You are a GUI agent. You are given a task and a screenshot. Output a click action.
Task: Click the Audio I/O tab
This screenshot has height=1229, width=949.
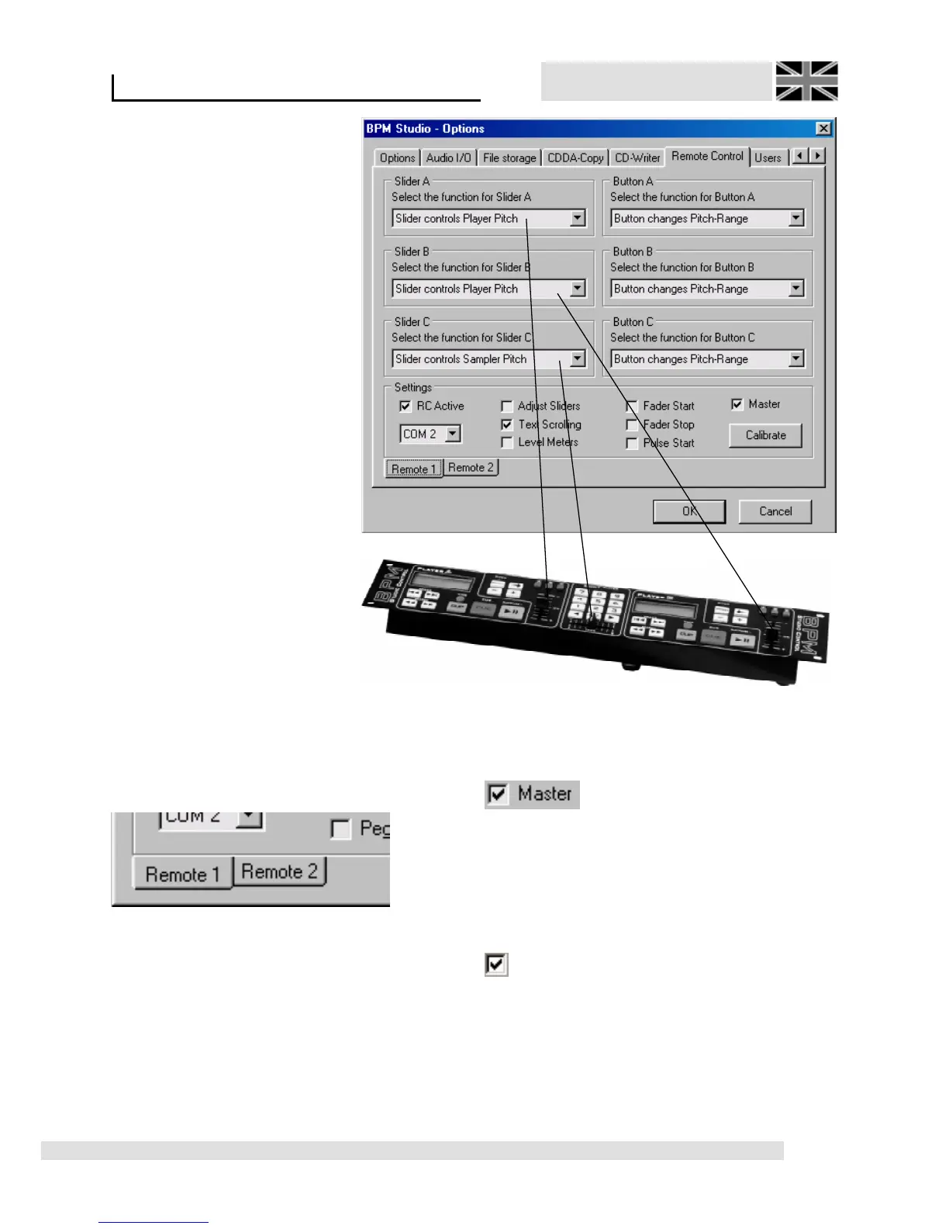click(448, 158)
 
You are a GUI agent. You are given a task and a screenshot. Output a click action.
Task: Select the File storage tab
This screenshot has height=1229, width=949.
click(509, 158)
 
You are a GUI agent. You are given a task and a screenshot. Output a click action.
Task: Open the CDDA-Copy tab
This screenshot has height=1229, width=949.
click(575, 158)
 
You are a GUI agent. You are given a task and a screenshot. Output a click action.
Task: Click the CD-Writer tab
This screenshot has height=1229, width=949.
click(637, 158)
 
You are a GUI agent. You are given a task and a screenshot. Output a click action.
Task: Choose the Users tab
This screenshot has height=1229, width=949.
click(768, 158)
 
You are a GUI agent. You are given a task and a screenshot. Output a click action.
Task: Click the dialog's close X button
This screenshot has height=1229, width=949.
click(823, 129)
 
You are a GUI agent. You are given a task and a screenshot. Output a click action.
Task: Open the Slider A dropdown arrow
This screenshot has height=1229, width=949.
click(578, 218)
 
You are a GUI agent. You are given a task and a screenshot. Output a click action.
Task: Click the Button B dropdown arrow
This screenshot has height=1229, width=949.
click(796, 289)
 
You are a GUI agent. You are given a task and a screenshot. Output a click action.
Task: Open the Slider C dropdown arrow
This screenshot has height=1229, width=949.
click(578, 358)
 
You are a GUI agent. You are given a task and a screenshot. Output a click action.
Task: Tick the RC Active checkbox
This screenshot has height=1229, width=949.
click(405, 406)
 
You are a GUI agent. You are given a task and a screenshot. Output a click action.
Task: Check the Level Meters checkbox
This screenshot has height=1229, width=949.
click(507, 442)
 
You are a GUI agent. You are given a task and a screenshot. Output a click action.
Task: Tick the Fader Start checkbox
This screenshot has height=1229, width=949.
click(632, 406)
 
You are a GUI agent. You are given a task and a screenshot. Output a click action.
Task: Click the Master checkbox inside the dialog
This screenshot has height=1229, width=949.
click(737, 404)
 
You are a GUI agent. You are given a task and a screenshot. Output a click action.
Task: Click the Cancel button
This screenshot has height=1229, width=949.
click(775, 511)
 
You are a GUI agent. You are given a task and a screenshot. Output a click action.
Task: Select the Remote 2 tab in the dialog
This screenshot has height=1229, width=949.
click(471, 467)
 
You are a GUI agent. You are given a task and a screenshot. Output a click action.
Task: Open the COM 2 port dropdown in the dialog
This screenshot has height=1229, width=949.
click(454, 434)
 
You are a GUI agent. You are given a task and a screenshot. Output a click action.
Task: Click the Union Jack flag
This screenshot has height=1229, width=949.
click(806, 81)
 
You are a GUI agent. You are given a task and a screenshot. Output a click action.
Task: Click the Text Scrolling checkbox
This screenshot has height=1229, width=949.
click(507, 424)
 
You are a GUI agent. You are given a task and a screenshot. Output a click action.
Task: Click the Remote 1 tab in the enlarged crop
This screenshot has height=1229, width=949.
click(183, 874)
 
